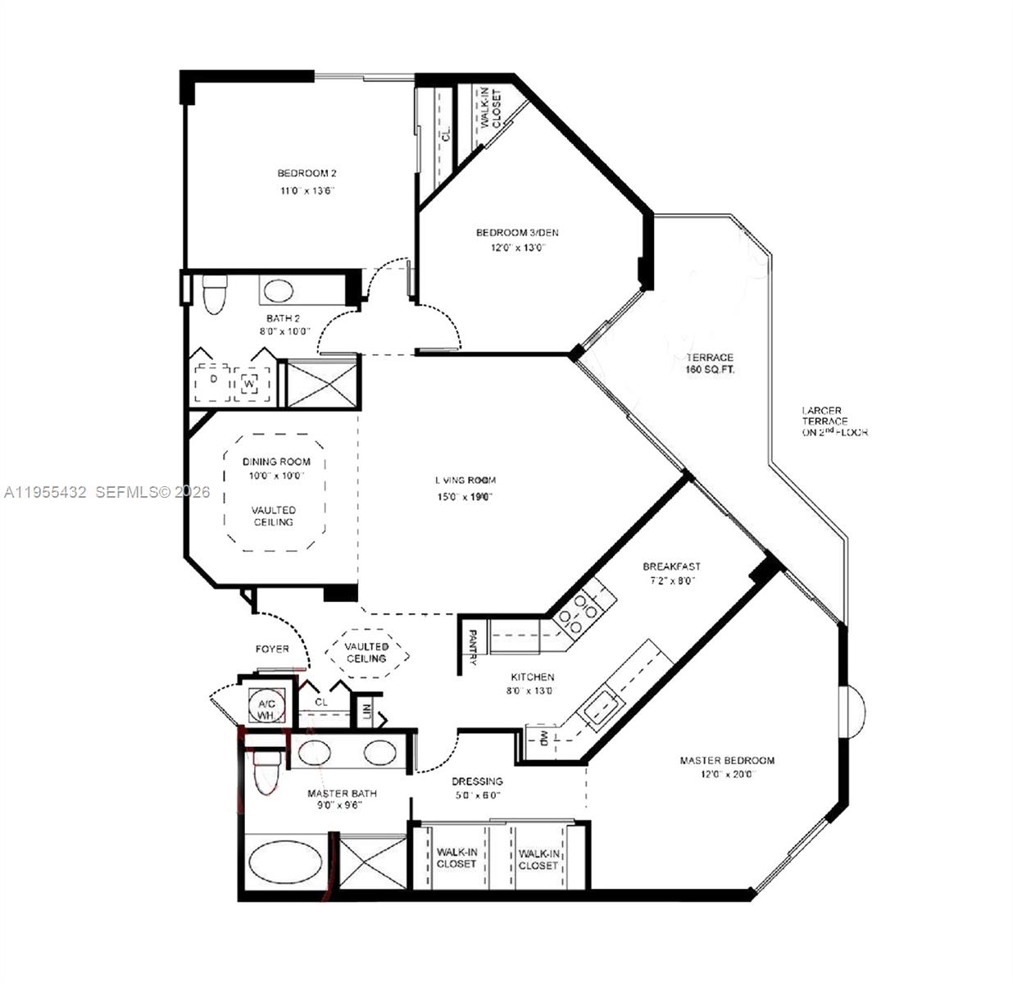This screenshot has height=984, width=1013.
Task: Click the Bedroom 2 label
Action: point(307,173)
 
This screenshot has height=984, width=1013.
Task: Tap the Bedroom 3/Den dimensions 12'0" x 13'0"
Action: point(517,248)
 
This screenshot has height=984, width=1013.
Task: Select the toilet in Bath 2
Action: point(214,294)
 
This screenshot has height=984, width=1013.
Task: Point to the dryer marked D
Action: point(212,380)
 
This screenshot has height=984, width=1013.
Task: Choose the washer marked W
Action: point(250,383)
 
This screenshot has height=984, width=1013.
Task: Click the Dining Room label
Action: point(276,462)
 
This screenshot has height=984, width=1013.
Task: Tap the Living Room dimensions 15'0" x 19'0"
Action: point(465,496)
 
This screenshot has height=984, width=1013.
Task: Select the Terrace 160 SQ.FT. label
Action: point(710,363)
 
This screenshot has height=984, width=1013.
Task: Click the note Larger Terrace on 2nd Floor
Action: point(834,421)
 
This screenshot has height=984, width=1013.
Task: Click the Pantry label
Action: point(473,647)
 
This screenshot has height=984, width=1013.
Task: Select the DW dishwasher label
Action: point(543,738)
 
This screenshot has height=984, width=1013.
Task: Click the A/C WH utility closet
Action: point(266,709)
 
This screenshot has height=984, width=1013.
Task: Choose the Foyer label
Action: point(272,649)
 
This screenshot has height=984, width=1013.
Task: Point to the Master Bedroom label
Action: point(726,760)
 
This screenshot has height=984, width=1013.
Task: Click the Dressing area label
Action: point(477,781)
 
